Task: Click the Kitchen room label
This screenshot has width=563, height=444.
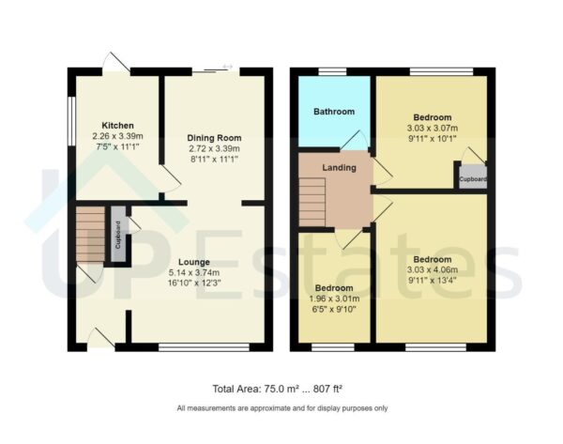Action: [x=117, y=126]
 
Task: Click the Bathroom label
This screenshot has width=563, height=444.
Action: [x=334, y=112]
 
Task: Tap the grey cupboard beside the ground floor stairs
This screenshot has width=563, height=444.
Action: [x=118, y=234]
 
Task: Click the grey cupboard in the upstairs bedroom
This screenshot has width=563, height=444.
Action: [x=472, y=176]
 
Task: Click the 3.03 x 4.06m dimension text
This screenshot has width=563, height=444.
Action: [x=433, y=269]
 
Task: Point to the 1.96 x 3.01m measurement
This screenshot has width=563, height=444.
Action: [x=334, y=299]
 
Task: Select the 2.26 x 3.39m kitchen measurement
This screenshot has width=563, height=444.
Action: [x=117, y=136]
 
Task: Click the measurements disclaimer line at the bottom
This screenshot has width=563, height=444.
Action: [x=281, y=408]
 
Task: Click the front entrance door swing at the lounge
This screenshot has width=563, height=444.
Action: [x=101, y=338]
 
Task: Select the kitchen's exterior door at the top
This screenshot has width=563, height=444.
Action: [x=115, y=63]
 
